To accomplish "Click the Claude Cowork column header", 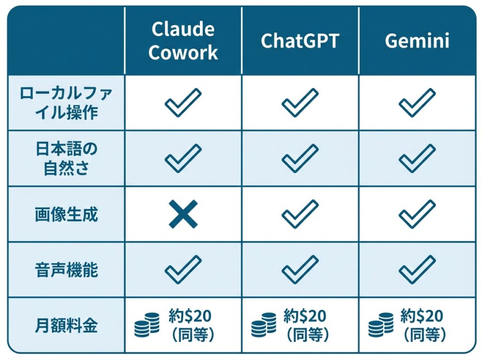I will click(x=183, y=41).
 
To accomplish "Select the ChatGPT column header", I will click(x=300, y=41).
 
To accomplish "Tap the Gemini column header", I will click(x=417, y=41).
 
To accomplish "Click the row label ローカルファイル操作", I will click(x=66, y=103).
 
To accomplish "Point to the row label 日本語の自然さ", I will click(x=66, y=158).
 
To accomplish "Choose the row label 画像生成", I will click(x=66, y=214).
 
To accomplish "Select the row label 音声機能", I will click(x=66, y=270).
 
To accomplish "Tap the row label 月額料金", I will click(x=66, y=325).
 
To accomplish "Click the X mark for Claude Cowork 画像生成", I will click(x=183, y=214).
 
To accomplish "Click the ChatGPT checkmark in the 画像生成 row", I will click(x=300, y=214).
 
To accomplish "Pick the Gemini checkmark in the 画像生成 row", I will click(x=417, y=214).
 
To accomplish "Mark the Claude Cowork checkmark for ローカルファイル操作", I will click(x=183, y=103).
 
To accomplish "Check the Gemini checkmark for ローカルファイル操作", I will click(x=417, y=103).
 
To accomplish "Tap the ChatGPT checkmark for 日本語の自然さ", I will click(x=300, y=158).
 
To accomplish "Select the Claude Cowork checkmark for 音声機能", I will click(x=183, y=270).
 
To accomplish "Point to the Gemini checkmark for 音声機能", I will click(x=417, y=270).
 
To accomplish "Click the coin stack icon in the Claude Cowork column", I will click(x=147, y=325).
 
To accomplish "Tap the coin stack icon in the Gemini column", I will click(x=381, y=325).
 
